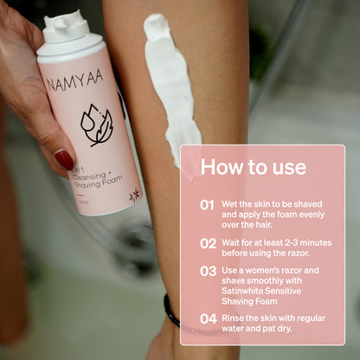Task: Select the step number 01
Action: pyautogui.click(x=207, y=205)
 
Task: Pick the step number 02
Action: pyautogui.click(x=207, y=243)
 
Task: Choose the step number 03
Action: pyautogui.click(x=207, y=271)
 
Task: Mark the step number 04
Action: pyautogui.click(x=207, y=319)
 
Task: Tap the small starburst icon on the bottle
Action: pyautogui.click(x=135, y=198)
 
